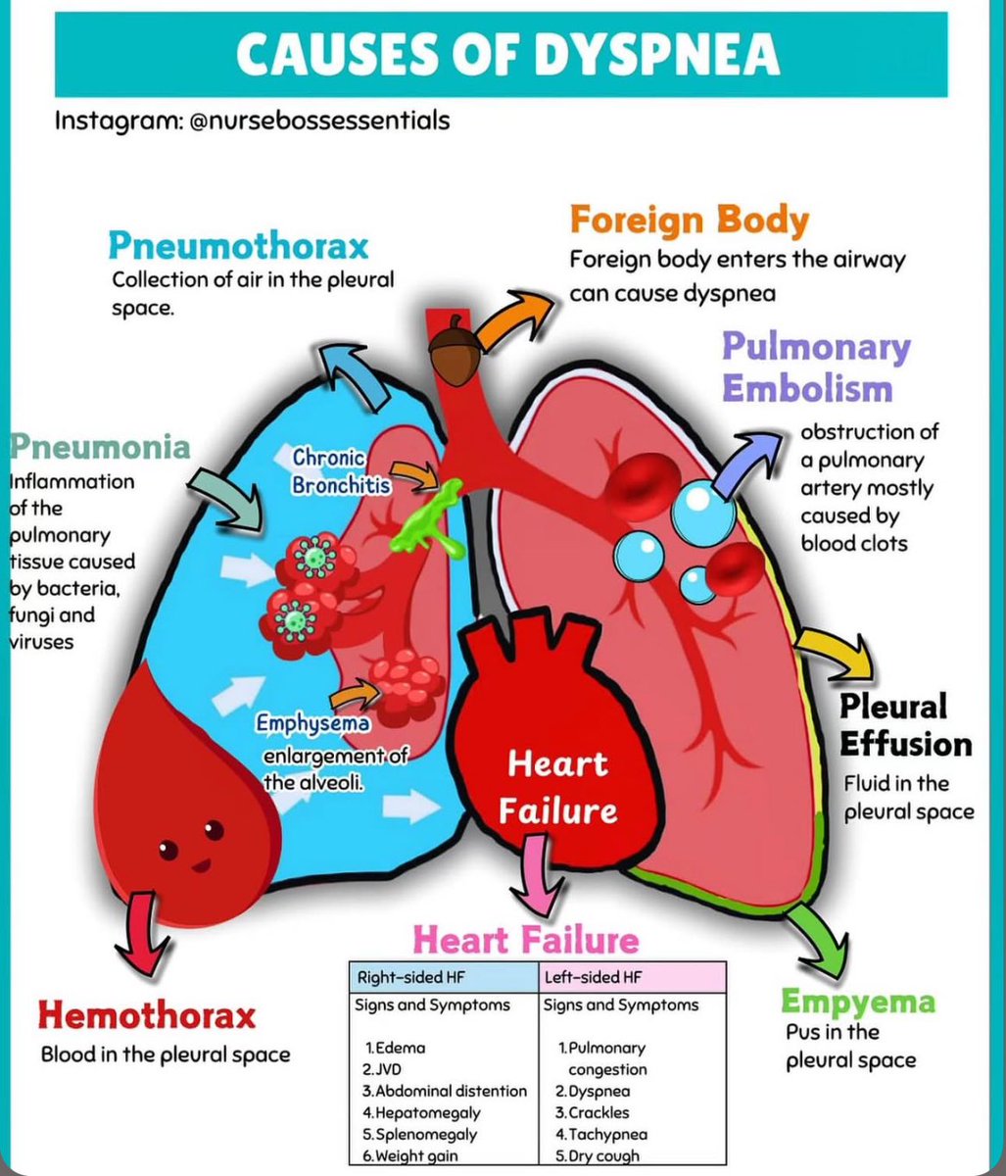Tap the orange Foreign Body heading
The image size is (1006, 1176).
click(689, 220)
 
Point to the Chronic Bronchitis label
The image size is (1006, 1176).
click(330, 471)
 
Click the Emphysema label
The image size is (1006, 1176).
click(313, 724)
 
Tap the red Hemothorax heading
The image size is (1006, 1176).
click(146, 1015)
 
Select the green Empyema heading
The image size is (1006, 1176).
click(857, 1002)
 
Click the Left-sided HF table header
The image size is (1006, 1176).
click(579, 977)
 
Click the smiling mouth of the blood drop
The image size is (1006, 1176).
click(202, 865)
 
